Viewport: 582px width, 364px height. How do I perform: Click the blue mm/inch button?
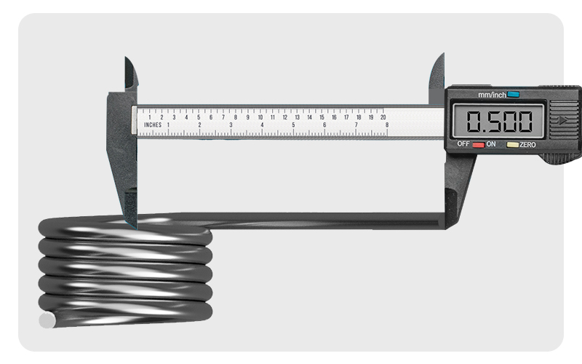(x=514, y=94)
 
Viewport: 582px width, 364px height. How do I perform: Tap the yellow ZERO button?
(x=512, y=145)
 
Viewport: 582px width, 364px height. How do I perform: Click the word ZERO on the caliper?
(x=527, y=145)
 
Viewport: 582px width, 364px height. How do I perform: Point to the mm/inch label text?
(x=492, y=95)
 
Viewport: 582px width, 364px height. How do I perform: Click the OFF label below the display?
(x=463, y=144)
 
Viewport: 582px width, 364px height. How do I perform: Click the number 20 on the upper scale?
(x=383, y=116)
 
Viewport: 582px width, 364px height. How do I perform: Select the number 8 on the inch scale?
(x=387, y=125)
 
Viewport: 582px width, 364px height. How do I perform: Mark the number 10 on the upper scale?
(x=260, y=116)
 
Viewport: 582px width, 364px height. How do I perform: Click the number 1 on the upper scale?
(x=150, y=116)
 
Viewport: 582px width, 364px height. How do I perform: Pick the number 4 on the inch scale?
(x=262, y=125)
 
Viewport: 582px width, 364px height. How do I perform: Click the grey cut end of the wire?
(x=47, y=320)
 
